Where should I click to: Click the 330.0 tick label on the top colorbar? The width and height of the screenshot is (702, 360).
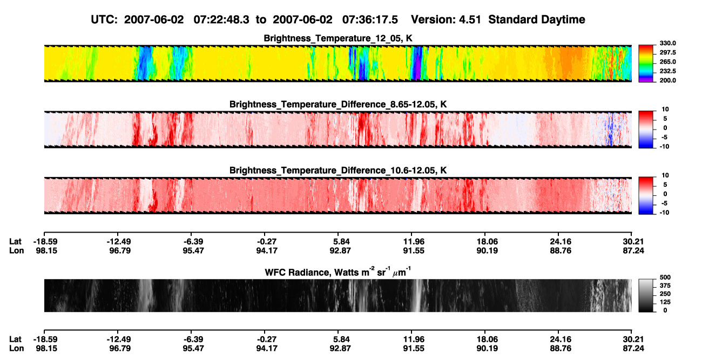pos(667,43)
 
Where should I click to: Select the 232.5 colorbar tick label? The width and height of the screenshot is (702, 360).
pos(667,71)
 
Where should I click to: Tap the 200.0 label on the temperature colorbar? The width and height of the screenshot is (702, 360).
pos(667,80)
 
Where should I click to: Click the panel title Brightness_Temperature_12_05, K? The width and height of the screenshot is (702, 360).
pos(338,38)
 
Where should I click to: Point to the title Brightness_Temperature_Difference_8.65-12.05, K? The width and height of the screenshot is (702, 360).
pos(338,104)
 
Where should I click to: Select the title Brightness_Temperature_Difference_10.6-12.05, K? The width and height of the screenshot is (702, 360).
pos(338,171)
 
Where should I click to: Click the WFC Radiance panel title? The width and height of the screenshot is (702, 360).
pos(338,272)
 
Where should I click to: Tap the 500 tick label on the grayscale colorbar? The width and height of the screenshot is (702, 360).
pos(665,277)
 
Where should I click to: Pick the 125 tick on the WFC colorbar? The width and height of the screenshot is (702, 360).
pos(665,302)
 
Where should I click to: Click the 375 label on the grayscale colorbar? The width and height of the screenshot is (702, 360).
pos(665,286)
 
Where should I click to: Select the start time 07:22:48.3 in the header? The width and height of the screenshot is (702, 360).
pos(221,19)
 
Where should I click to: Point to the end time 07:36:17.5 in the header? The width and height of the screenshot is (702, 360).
pos(370,19)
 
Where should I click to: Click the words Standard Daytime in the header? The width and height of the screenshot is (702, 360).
pos(537,20)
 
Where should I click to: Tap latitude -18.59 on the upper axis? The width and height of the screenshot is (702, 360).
pos(46,242)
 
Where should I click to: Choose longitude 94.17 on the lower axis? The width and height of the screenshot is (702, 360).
pos(267,349)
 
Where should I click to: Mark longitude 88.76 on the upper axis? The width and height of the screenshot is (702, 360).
pos(561,250)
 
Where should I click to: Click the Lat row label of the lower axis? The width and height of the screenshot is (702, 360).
pos(15,339)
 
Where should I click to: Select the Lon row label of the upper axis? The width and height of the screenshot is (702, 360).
pos(16,250)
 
